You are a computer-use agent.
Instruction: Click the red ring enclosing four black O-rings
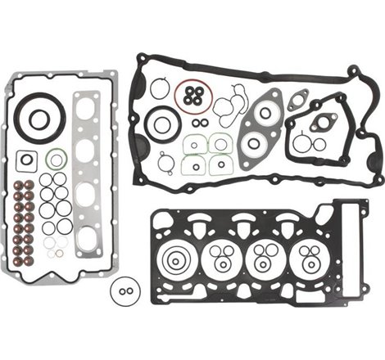(x=193, y=94)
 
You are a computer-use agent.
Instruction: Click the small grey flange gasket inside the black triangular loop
(x=322, y=124)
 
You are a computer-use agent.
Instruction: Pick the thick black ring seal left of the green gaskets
(x=162, y=124)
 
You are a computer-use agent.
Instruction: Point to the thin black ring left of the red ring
(x=160, y=88)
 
